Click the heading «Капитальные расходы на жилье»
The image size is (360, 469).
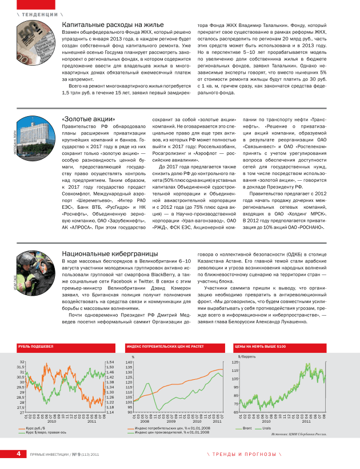tap(109, 25)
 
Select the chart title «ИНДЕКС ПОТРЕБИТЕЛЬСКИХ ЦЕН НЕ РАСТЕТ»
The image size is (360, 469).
tap(165, 346)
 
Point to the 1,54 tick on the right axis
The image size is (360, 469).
tap(111, 362)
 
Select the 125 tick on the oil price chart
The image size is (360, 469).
tap(235, 362)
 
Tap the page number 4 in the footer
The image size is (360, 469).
tap(18, 454)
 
